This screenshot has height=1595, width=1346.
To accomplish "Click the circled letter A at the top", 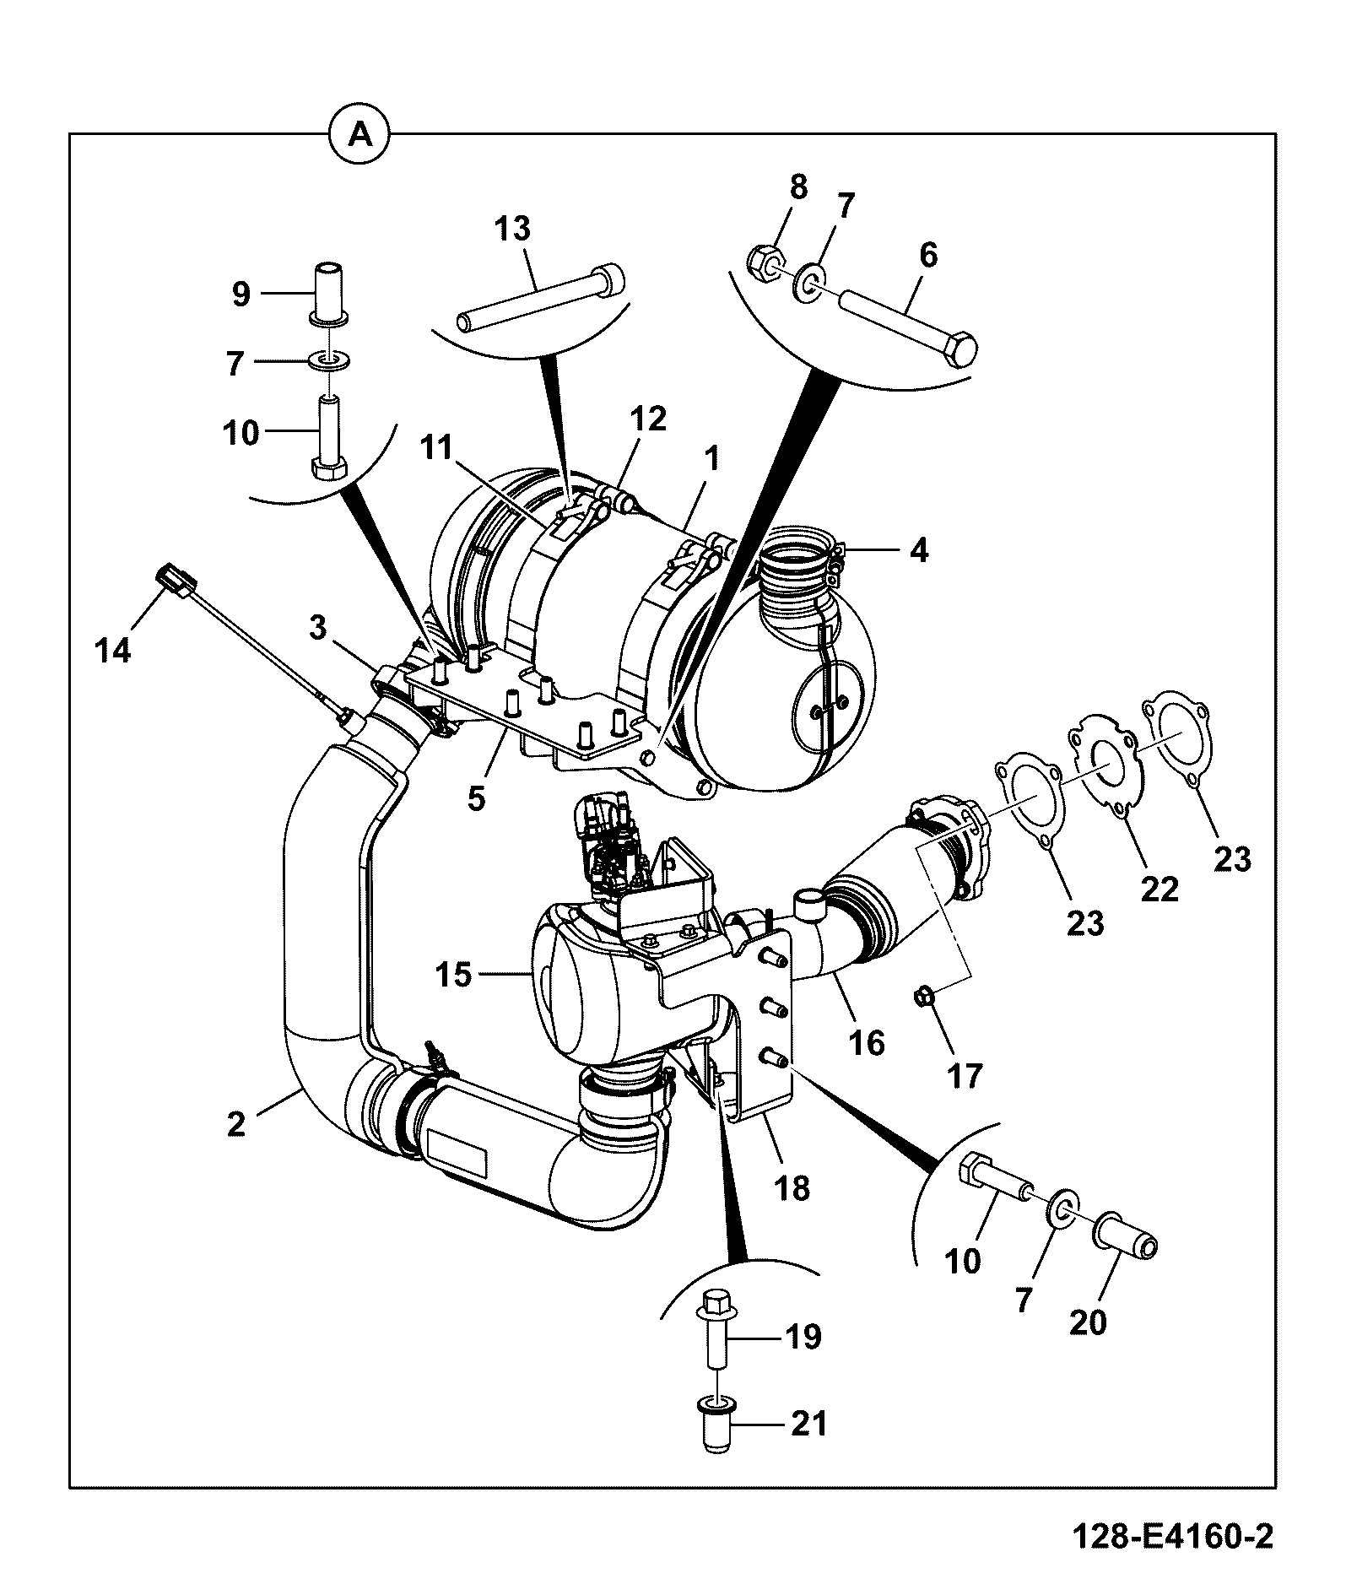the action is click(359, 133).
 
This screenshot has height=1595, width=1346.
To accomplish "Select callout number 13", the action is click(512, 229).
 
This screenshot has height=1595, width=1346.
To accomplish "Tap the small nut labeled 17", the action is click(924, 998).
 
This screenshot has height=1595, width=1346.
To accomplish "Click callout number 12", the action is click(647, 419).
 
